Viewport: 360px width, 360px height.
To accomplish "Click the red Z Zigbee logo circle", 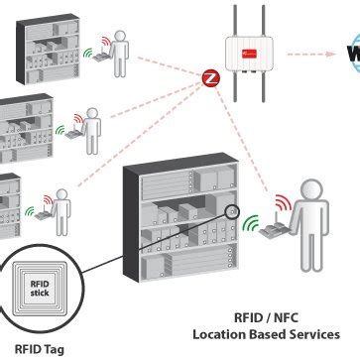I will pyautogui.click(x=210, y=75).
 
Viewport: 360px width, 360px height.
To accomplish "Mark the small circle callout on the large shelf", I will pyautogui.click(x=234, y=210).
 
